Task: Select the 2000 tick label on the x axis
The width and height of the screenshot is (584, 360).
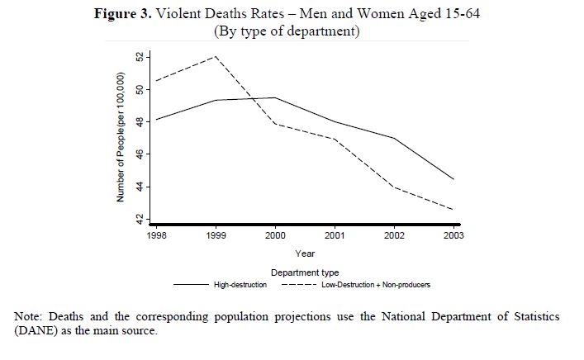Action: pos(275,235)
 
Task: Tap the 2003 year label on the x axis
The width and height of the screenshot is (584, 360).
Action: pos(453,235)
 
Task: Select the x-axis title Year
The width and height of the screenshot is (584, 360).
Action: pos(304,253)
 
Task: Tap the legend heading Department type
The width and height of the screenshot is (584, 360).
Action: pos(304,272)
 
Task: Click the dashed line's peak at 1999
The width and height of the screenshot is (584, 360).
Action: pos(216,56)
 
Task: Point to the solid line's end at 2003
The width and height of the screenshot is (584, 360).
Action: pos(453,179)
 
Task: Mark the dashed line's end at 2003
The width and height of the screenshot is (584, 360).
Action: pos(453,210)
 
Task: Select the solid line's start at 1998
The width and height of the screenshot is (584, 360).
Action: pos(156,120)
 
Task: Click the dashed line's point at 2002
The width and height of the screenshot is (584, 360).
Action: pos(394,187)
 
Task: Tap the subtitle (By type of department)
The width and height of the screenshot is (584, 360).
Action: pos(288,31)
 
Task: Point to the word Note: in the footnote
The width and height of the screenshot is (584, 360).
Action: pos(32,316)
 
